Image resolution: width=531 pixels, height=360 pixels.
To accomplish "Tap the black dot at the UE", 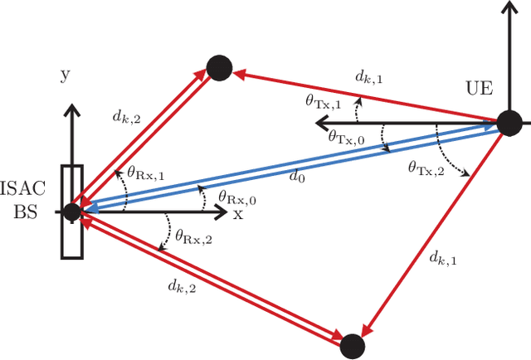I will pyautogui.click(x=509, y=125).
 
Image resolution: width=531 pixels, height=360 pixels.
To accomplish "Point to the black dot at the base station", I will pyautogui.click(x=71, y=212).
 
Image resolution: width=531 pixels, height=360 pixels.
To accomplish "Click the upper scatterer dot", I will pyautogui.click(x=218, y=68).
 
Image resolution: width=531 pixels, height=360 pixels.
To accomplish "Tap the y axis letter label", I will pyautogui.click(x=64, y=75).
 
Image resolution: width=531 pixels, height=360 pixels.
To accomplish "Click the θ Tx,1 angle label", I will pyautogui.click(x=323, y=104).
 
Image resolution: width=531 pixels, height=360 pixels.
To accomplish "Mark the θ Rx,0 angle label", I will pyautogui.click(x=236, y=197).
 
